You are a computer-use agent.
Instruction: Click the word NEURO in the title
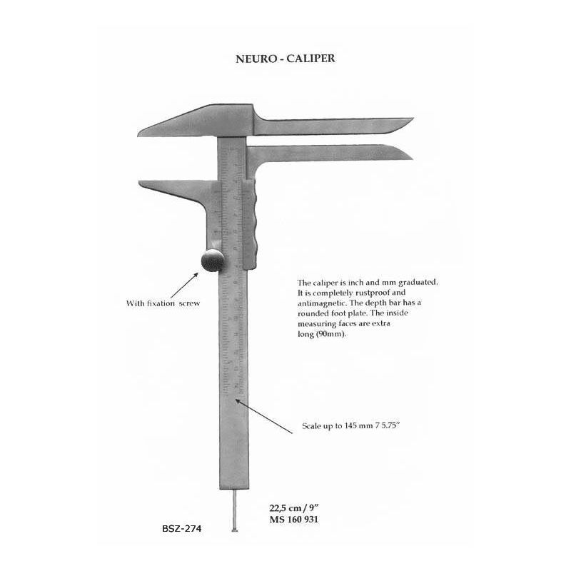(x=256, y=59)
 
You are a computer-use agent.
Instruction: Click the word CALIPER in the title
(x=310, y=59)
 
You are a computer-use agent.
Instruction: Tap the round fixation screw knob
(x=213, y=260)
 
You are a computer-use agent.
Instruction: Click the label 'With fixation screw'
(x=163, y=303)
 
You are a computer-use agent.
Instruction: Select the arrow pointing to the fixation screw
(x=184, y=286)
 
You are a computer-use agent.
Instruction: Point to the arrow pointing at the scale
(x=263, y=416)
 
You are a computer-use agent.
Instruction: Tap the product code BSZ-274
(x=182, y=528)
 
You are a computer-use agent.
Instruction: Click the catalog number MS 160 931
(x=293, y=520)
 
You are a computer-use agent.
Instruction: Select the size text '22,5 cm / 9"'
(x=294, y=507)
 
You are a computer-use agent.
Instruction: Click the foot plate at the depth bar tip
(x=235, y=530)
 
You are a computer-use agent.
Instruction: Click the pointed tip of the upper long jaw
(x=413, y=118)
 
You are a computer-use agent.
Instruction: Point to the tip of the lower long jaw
(x=413, y=158)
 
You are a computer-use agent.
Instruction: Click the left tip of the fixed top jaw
(x=138, y=135)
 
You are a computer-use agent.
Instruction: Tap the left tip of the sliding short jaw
(x=139, y=182)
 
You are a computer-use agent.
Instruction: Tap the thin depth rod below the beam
(x=235, y=509)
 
